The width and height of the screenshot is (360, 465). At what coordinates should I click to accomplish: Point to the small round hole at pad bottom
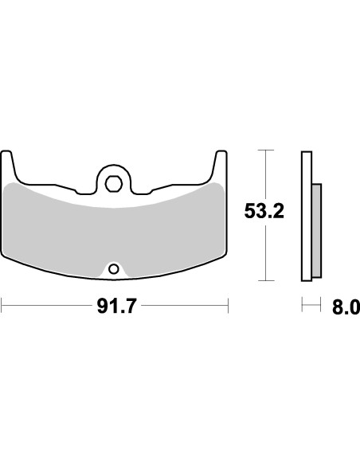coord(114,268)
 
